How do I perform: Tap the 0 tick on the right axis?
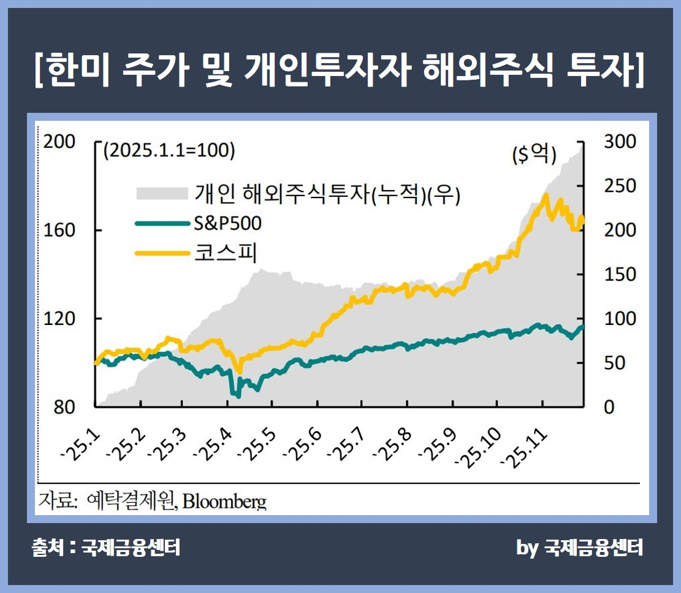point(609,407)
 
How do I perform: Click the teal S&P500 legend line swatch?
point(161,224)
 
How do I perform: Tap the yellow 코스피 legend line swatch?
point(161,252)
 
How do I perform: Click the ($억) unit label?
point(534,155)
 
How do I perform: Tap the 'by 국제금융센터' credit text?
point(579,548)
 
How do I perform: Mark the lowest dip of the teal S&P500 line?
point(238,396)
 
